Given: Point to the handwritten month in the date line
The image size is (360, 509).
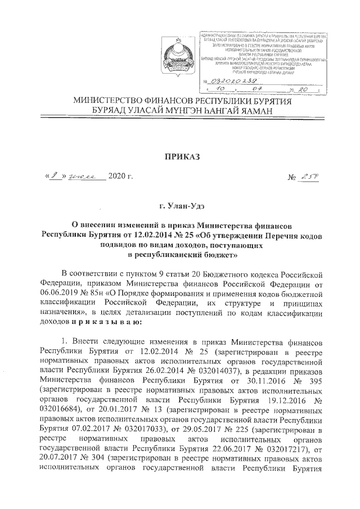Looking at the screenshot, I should click(x=84, y=177).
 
